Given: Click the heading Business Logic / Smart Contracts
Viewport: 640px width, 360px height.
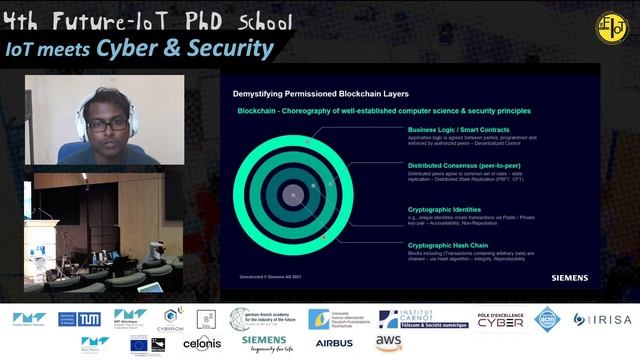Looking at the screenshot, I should [459, 130].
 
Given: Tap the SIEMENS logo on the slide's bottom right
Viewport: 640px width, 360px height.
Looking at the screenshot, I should [569, 278].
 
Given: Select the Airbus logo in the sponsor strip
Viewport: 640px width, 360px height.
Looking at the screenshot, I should [334, 343].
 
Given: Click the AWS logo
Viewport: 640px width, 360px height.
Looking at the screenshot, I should [389, 343].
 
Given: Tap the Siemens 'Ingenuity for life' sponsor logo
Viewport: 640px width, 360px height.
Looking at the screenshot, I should [264, 343].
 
